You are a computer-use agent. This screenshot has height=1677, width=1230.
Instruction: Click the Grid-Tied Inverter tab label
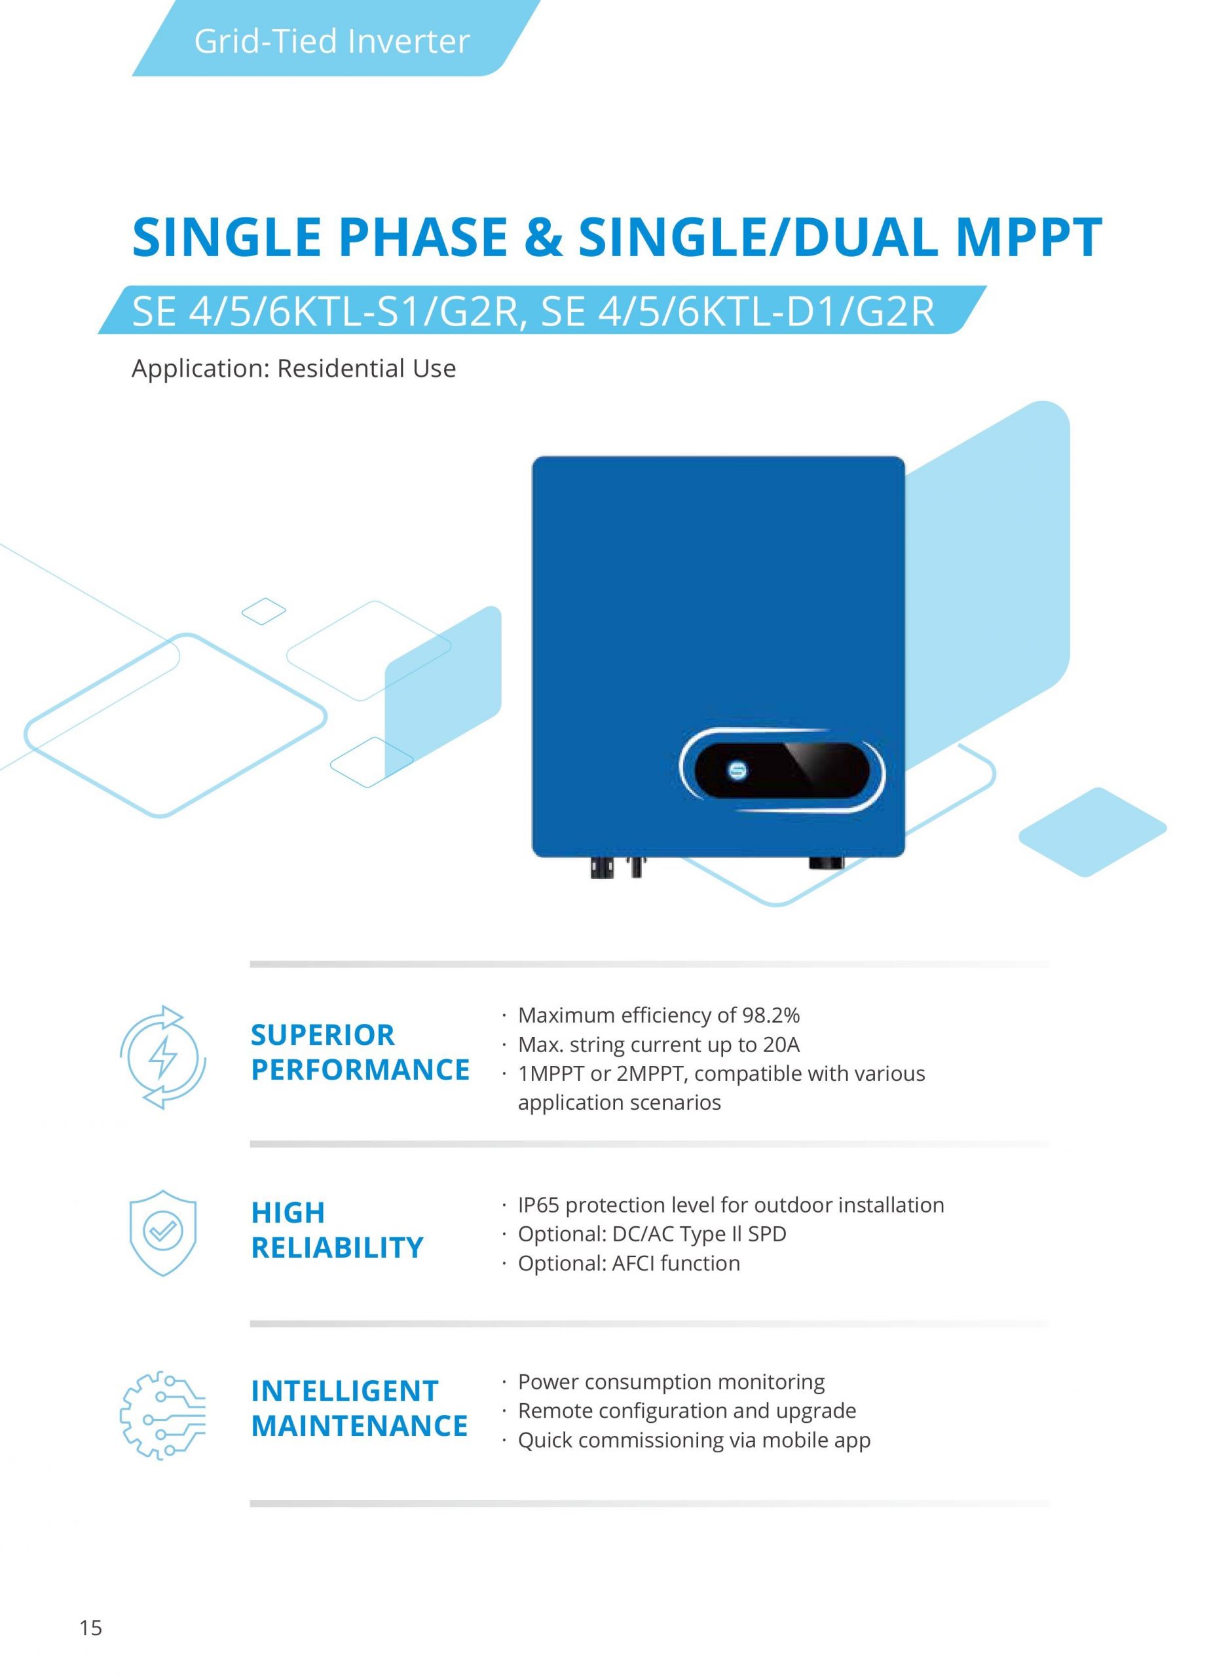pos(331,42)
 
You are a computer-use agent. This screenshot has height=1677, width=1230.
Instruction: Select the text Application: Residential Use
pos(293,369)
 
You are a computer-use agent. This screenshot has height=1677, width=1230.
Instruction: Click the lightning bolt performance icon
pos(163,1057)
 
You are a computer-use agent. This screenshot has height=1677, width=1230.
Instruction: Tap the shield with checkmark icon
pos(162,1232)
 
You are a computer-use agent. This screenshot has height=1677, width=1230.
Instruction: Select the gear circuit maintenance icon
pos(162,1414)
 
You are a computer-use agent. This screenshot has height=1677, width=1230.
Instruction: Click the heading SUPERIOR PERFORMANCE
pos(360,1052)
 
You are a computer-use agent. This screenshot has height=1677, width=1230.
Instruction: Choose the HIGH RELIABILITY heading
pos(337,1230)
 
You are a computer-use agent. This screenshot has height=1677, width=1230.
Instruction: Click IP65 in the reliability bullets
pos(539,1205)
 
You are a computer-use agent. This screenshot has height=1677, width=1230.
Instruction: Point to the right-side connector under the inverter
pos(826,863)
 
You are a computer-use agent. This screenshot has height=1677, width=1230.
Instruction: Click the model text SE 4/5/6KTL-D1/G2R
pos(737,311)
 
